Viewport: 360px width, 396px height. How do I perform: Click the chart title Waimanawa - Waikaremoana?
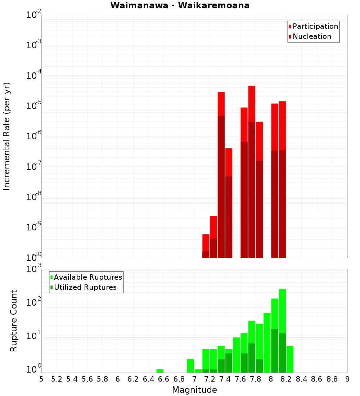180,5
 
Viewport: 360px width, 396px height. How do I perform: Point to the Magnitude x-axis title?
194,390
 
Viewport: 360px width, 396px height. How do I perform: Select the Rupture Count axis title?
14,321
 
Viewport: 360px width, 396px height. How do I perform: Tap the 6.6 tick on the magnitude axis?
164,379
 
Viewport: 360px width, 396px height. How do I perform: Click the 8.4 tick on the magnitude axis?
302,379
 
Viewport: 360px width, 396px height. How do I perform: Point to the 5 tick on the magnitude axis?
41,379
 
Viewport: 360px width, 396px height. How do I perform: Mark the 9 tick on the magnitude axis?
347,379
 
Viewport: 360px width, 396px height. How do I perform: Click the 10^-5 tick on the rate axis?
34,106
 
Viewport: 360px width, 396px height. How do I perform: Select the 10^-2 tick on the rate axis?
34,15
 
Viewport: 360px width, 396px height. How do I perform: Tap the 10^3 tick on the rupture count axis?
34,269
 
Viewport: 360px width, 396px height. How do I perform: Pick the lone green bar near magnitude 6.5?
160,371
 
